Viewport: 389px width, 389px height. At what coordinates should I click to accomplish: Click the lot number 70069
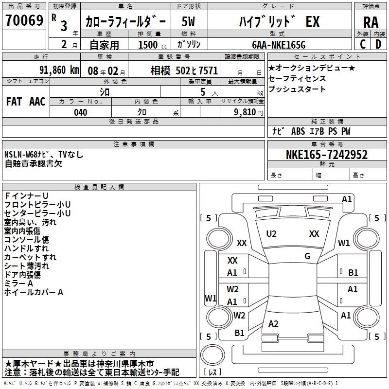[x=24, y=20]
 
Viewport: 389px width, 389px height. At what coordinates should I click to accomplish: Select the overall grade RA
[x=371, y=22]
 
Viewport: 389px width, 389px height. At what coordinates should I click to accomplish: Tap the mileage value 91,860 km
[x=59, y=70]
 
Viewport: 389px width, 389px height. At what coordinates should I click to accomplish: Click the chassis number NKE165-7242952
[x=327, y=155]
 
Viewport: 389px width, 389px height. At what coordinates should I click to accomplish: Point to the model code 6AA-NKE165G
[x=279, y=45]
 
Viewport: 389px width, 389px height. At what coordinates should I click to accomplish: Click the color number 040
[x=80, y=112]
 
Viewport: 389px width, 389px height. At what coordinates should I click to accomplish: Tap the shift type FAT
[x=14, y=102]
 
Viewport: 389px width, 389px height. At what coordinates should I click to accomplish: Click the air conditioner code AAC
[x=37, y=102]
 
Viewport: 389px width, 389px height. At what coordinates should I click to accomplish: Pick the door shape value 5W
[x=188, y=21]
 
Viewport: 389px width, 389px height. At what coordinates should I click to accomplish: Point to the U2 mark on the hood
[x=271, y=234]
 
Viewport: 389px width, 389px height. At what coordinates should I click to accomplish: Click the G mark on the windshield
[x=307, y=256]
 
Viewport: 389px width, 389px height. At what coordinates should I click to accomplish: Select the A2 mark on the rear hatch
[x=273, y=323]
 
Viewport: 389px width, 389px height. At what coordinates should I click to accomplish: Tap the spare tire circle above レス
[x=212, y=355]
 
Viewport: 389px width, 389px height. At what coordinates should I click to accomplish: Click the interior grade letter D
[x=378, y=44]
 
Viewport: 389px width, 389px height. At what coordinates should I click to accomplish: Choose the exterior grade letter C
[x=363, y=44]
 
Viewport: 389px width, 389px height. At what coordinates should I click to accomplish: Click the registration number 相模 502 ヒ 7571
[x=184, y=71]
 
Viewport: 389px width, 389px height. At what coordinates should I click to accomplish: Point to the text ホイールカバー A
[x=34, y=292]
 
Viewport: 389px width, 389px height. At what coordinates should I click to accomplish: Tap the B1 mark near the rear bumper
[x=239, y=333]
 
